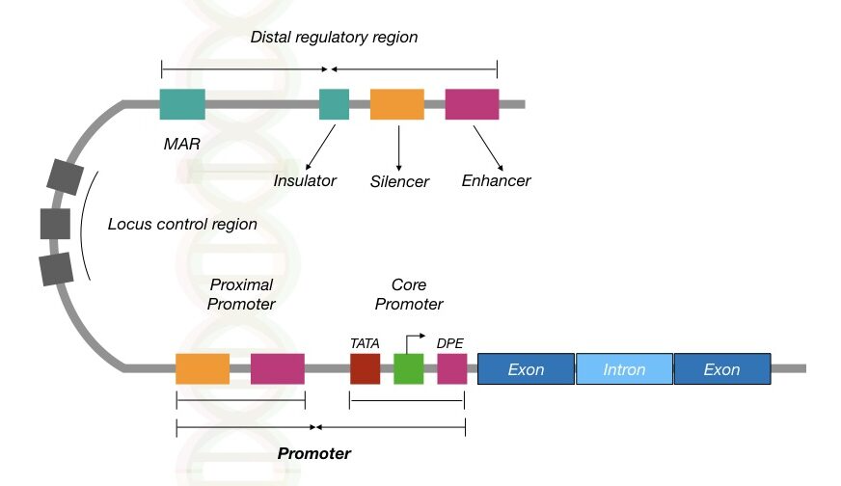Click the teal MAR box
point(182,103)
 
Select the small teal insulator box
point(334,103)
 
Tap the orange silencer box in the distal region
point(396,103)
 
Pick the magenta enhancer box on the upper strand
point(472,103)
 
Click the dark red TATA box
point(365,368)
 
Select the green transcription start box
point(408,368)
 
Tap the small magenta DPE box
point(451,368)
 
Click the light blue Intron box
point(624,368)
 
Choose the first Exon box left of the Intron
point(526,368)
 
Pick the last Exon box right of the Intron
point(721,368)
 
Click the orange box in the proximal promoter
point(203,368)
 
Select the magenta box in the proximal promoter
point(277,368)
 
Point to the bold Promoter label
point(313,452)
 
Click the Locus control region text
point(182,224)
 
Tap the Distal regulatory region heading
point(334,37)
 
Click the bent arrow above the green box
point(416,340)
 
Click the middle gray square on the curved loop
point(55,223)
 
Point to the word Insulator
point(305,180)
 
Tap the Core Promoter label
point(409,294)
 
